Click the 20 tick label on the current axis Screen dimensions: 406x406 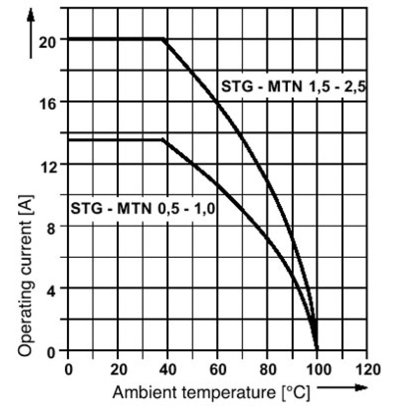[x=47, y=42]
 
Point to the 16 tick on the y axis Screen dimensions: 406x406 [x=47, y=105]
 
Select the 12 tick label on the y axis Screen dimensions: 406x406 [x=47, y=167]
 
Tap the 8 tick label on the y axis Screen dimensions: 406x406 [x=51, y=229]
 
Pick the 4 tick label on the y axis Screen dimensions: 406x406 [x=51, y=291]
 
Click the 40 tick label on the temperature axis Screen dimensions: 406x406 [x=168, y=369]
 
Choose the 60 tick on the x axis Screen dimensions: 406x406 [x=218, y=369]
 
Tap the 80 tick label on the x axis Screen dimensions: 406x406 [x=268, y=369]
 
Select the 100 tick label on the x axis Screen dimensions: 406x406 [x=318, y=369]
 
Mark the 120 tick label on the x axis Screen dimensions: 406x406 [x=368, y=369]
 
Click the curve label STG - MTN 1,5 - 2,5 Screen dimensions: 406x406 [x=294, y=86]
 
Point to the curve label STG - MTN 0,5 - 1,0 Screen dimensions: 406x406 [x=143, y=209]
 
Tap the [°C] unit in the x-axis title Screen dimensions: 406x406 [x=295, y=393]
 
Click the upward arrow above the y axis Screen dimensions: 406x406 [x=31, y=33]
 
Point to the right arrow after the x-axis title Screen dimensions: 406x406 [x=342, y=387]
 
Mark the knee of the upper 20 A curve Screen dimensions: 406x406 [x=163, y=39]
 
